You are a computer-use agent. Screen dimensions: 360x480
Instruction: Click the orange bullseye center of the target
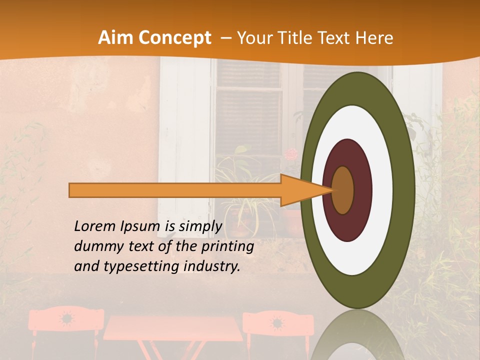(x=343, y=190)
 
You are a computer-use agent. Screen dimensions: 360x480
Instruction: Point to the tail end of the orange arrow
(x=73, y=190)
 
